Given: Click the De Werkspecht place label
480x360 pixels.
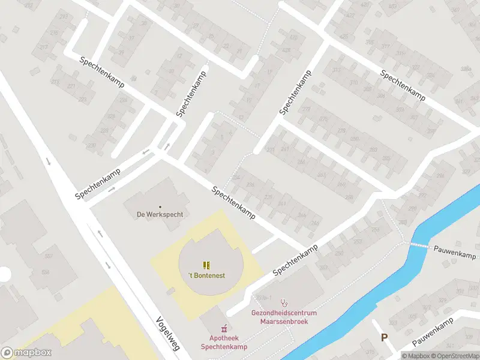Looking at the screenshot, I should [160, 214].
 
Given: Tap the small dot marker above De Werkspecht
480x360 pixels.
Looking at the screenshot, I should [160, 207].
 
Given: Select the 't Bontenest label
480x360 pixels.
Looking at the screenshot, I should [206, 275].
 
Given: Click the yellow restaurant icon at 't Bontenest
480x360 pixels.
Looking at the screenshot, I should [206, 265].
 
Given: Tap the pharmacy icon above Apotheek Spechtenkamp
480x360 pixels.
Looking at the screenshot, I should [224, 328].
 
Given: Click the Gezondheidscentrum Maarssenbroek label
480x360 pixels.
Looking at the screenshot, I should [284, 317].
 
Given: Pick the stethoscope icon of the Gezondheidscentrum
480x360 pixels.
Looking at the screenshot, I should [284, 303].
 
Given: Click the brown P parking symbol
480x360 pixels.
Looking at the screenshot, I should [384, 338].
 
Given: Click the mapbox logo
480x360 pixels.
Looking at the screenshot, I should [26, 353].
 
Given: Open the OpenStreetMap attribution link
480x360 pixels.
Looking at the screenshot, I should [454, 356].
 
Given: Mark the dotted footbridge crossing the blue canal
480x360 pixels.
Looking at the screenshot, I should [419, 245].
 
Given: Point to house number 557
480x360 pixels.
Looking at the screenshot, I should [49, 256].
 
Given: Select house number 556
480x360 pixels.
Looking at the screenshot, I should [46, 272].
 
